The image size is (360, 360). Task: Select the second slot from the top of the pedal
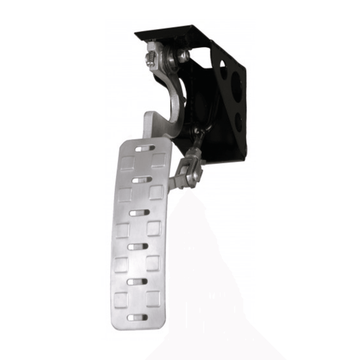[141, 180]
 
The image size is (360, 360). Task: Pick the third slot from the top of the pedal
[139, 212]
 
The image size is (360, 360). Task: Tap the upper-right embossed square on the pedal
[159, 160]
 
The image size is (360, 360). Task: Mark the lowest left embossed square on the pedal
[122, 298]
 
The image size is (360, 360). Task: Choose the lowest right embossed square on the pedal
[153, 297]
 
